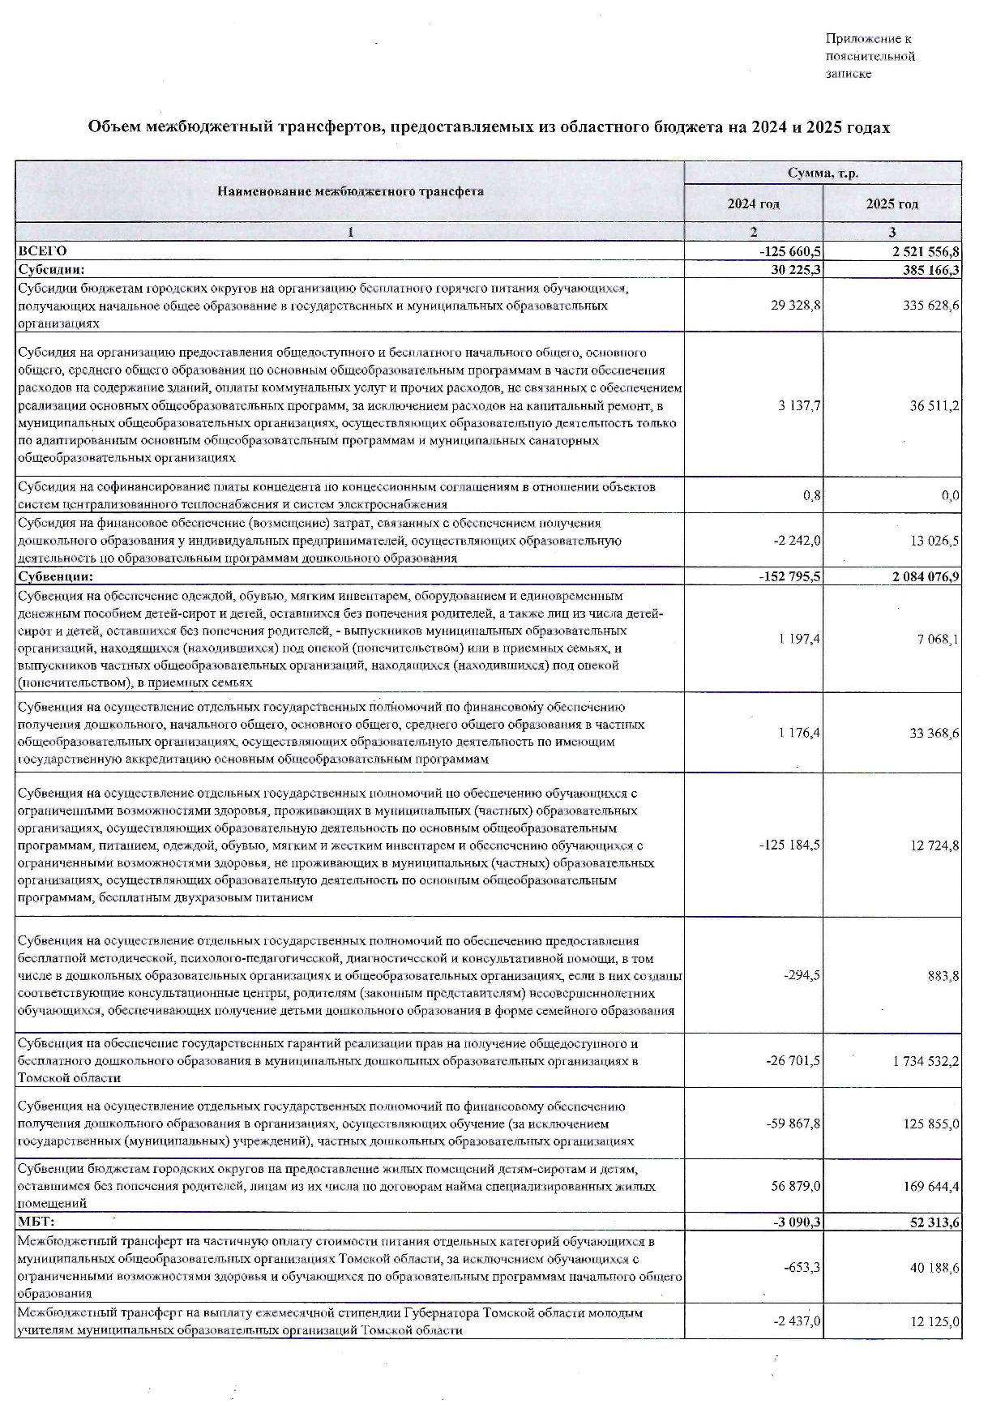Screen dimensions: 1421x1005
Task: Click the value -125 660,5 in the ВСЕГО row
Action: click(x=785, y=252)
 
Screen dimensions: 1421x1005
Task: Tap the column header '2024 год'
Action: click(x=753, y=204)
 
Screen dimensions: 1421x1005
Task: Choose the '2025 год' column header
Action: click(x=892, y=204)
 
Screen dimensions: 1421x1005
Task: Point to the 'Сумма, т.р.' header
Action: click(x=823, y=173)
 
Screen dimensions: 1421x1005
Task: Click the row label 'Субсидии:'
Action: click(x=51, y=270)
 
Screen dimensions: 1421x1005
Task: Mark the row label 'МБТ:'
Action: click(x=36, y=1222)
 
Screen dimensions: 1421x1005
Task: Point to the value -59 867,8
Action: click(x=793, y=1124)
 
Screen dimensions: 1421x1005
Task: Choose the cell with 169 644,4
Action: click(x=930, y=1187)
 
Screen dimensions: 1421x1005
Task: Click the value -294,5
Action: click(x=802, y=976)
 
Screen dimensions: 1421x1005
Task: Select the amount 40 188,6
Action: click(x=933, y=1267)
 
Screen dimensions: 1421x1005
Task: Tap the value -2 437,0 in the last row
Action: click(x=797, y=1321)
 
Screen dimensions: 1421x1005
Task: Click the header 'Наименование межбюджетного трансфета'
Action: click(x=350, y=192)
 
